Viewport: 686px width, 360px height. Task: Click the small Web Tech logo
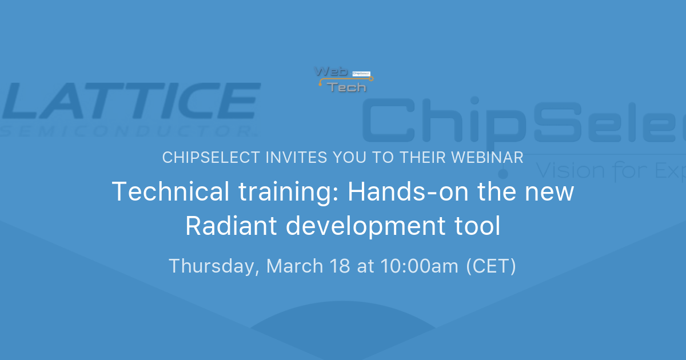click(343, 79)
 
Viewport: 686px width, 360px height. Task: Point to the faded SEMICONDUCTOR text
click(128, 131)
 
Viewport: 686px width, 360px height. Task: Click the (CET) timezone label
click(491, 266)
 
